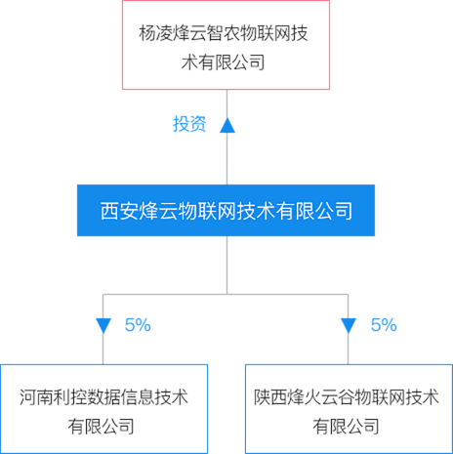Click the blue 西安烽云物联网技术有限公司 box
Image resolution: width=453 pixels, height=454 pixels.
click(x=226, y=210)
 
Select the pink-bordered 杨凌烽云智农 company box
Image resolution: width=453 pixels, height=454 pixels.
click(x=226, y=45)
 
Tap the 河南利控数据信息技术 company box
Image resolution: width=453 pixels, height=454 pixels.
click(x=103, y=409)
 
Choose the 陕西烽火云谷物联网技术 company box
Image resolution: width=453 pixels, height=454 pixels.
click(x=349, y=409)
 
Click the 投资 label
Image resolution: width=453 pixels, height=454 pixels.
click(x=189, y=124)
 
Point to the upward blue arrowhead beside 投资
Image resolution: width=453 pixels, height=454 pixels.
click(x=227, y=125)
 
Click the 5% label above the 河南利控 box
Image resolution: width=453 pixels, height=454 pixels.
click(x=138, y=325)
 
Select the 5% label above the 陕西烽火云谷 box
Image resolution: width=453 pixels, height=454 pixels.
click(x=384, y=325)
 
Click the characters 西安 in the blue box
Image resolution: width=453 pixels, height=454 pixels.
click(x=119, y=211)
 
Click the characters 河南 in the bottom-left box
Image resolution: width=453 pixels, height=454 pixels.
click(x=36, y=397)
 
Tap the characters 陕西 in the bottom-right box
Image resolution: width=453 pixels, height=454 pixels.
click(x=270, y=397)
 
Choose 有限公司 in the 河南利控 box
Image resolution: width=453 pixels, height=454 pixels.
click(x=102, y=427)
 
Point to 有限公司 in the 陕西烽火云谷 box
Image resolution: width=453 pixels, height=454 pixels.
click(x=347, y=427)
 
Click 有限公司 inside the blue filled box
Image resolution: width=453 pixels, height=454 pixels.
click(x=314, y=211)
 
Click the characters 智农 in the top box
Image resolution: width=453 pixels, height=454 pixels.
click(x=224, y=33)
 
